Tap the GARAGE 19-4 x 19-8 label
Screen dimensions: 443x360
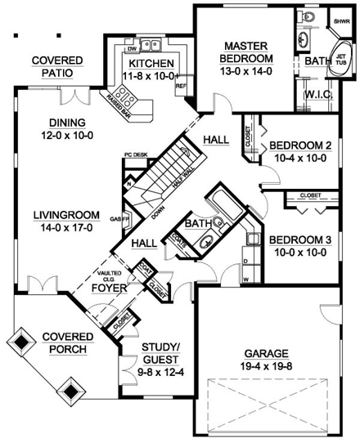[x=259, y=360]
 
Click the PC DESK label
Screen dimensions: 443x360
[x=135, y=153]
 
